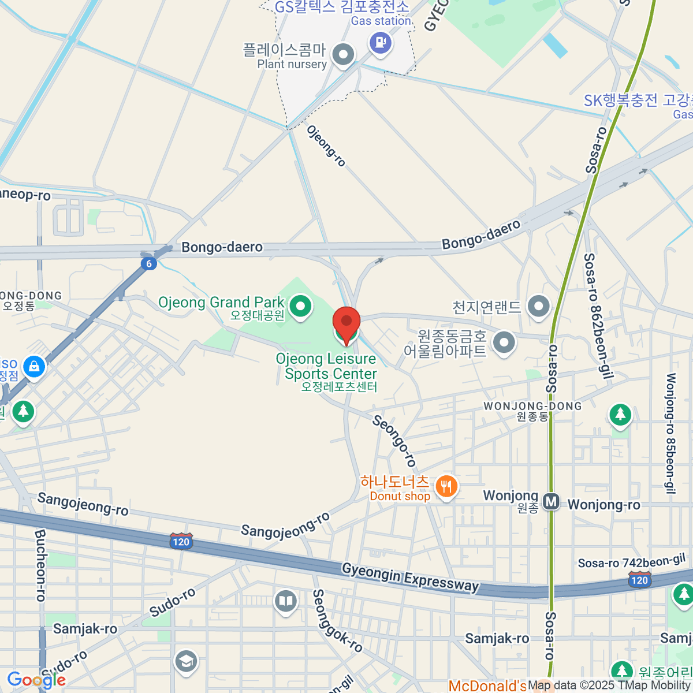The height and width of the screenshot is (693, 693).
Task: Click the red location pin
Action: coord(346,322)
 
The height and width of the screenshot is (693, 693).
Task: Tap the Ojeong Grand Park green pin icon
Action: coord(300,306)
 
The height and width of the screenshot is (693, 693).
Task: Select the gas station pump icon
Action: coord(381,42)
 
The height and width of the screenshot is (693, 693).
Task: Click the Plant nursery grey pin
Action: coord(344,55)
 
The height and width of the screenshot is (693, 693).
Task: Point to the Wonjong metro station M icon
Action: coord(552,502)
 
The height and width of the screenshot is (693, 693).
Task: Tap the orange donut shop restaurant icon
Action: coord(446,486)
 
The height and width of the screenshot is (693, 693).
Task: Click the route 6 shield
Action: coord(149,263)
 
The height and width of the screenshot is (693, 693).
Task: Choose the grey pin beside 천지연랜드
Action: coord(539,306)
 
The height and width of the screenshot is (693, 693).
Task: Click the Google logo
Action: coord(36,680)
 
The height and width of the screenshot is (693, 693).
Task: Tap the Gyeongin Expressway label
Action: coord(410,577)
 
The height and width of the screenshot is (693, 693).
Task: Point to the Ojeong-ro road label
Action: coord(326,146)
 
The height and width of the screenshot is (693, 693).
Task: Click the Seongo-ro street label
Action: coord(394,440)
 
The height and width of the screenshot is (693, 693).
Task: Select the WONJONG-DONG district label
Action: coord(532,406)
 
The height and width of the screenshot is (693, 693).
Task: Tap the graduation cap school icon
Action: coord(186,662)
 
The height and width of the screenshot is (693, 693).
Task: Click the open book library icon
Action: coord(286,601)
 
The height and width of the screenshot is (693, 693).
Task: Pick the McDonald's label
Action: coord(487,686)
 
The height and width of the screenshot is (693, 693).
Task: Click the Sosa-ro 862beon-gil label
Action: coord(597,316)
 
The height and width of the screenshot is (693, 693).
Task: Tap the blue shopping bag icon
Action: coord(34,366)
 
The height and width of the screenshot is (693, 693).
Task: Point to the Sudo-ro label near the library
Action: coord(173,602)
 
